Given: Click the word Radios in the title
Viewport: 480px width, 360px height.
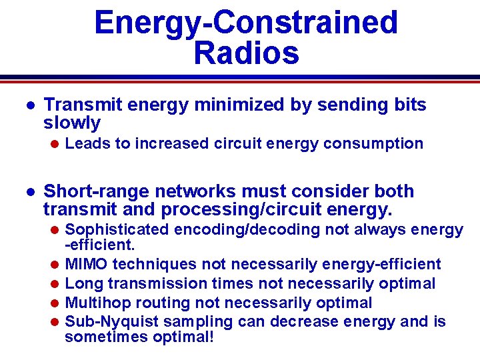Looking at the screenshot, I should point(246,53).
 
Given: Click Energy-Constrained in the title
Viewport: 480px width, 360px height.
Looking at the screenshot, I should point(246,22).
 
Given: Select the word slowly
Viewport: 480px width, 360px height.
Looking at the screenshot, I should point(72,123).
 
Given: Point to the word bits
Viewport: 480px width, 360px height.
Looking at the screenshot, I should point(407,105).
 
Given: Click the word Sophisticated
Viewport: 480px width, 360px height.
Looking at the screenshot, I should point(119,230).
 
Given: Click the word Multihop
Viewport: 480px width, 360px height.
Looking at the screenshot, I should point(93,303).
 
